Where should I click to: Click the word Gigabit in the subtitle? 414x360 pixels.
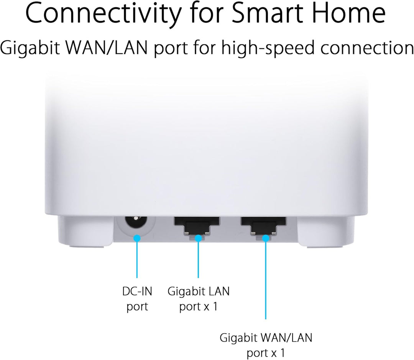(x=30, y=48)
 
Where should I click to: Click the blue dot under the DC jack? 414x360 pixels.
(x=137, y=238)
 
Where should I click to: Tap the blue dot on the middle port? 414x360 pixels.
(x=198, y=238)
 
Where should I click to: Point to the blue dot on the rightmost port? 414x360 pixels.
(x=266, y=238)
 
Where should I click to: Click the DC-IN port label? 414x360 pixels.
(x=137, y=299)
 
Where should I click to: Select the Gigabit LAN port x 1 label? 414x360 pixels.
(x=199, y=299)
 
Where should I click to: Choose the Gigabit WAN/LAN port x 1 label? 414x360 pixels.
(x=266, y=345)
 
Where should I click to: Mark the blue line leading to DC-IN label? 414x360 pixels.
(x=137, y=259)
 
